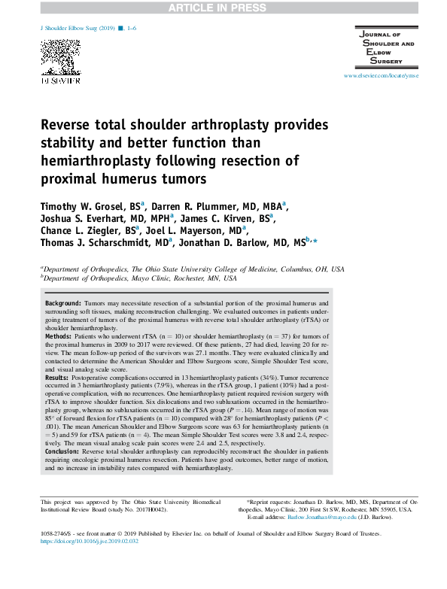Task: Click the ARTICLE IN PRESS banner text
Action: (x=223, y=8)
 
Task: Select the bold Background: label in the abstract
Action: (x=62, y=302)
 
